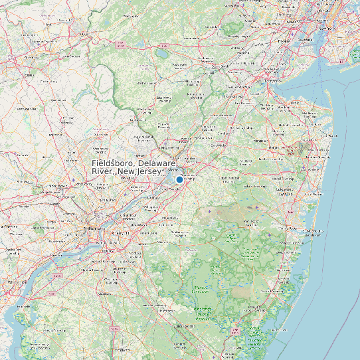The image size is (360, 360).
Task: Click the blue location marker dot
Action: pyautogui.click(x=179, y=179)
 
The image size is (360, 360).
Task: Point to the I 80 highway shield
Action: pyautogui.click(x=120, y=45)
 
